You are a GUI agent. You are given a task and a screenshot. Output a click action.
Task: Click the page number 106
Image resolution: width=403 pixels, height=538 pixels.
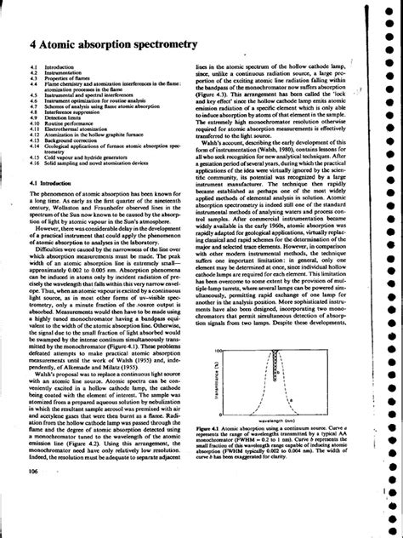coord(36,495)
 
